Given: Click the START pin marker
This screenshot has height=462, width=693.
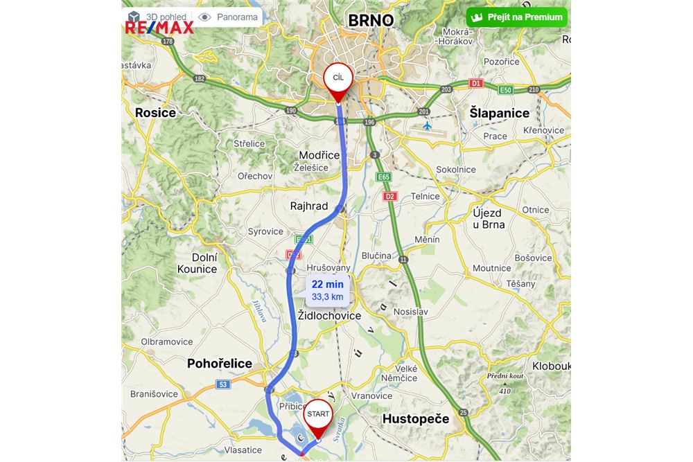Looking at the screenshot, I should [319, 416].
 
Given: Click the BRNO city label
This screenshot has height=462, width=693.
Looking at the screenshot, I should [371, 20].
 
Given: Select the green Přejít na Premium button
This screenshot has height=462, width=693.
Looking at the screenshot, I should [517, 17].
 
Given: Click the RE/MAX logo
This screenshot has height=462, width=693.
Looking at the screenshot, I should [159, 28].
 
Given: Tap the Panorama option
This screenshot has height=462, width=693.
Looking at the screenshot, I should [229, 17].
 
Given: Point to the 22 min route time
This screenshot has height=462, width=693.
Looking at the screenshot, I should [328, 284].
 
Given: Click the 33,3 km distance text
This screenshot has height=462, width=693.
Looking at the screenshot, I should [328, 297].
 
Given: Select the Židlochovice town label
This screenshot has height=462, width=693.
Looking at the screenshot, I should [329, 316].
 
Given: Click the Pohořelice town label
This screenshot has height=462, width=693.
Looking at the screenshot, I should [220, 364].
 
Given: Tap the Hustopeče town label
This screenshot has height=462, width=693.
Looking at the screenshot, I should [416, 419].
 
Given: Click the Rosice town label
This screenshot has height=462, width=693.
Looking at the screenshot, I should [155, 112].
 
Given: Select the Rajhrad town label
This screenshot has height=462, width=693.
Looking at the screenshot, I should [309, 206].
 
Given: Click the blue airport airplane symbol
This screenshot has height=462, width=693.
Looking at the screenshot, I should [428, 126].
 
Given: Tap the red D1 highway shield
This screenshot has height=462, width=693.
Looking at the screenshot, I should [475, 83].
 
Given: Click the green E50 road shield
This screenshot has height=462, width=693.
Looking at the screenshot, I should [505, 90].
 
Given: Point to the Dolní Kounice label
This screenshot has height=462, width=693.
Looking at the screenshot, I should [197, 263].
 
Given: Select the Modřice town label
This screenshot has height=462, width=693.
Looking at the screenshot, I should [319, 155].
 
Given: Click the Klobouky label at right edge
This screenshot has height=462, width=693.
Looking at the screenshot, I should [552, 366].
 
